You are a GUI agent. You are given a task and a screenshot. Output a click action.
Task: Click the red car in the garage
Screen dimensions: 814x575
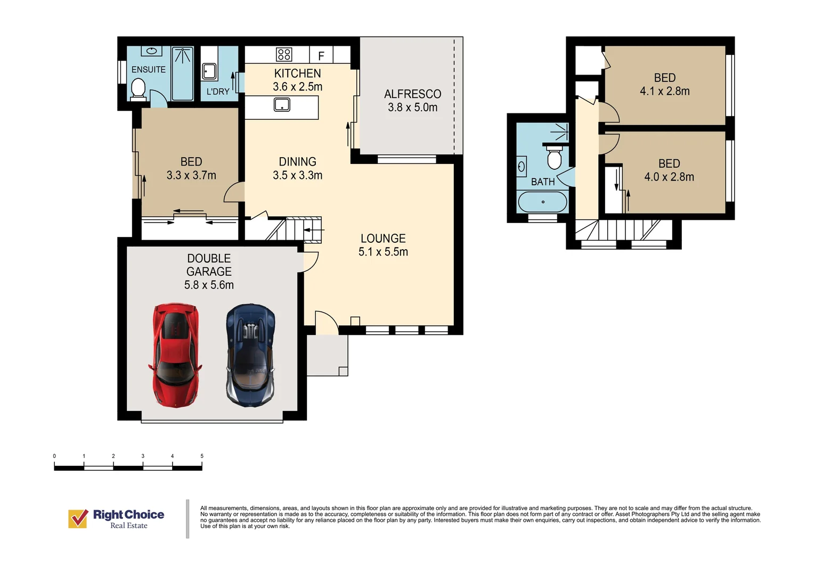175,355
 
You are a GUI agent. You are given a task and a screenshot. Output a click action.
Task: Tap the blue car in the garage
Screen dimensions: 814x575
250,355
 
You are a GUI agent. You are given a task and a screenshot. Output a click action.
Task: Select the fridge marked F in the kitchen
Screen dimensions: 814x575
321,55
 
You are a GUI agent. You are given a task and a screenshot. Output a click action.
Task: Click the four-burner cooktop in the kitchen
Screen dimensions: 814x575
284,54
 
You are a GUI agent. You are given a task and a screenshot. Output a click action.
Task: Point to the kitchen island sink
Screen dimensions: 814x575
282,104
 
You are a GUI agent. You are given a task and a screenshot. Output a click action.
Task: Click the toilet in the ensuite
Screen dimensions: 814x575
138,90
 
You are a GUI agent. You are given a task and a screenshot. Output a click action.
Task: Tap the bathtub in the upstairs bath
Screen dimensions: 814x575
542,202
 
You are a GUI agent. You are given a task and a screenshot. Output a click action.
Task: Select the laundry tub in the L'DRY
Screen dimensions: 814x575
210,71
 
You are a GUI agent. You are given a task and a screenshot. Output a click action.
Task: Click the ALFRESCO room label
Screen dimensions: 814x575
412,94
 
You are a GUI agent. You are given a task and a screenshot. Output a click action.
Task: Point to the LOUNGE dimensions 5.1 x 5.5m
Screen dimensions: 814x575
383,252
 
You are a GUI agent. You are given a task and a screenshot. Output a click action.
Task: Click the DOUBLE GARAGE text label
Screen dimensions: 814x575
209,265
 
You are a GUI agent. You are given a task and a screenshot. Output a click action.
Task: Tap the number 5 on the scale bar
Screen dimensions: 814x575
202,456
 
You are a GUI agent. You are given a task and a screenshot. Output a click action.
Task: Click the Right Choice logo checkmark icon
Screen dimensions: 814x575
78,519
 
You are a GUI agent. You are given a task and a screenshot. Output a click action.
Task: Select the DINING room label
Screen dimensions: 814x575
297,162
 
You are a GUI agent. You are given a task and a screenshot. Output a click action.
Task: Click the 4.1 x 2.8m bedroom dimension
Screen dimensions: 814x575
665,91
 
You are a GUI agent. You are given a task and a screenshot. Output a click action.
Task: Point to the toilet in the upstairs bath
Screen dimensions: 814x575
554,157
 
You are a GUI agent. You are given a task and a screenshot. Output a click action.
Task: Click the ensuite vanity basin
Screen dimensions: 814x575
151,51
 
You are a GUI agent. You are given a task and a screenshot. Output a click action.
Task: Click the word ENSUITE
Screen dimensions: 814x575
148,69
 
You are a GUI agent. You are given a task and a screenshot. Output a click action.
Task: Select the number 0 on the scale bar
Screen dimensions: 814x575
54,456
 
